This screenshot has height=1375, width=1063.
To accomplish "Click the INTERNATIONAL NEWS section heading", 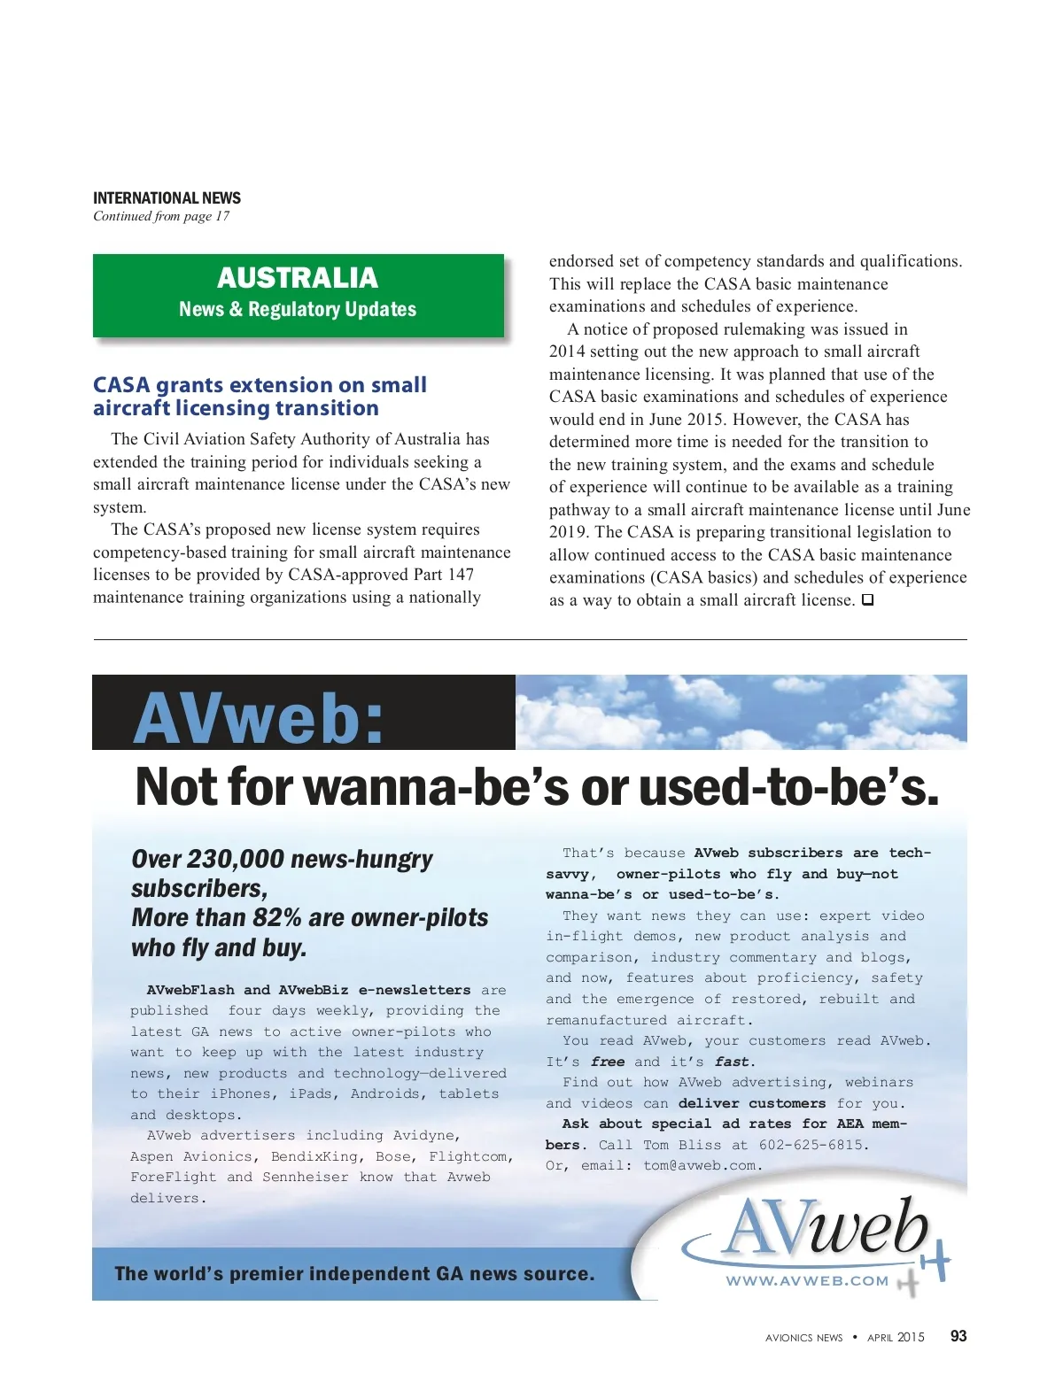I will tap(167, 197).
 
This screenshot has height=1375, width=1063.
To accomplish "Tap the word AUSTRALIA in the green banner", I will tap(298, 278).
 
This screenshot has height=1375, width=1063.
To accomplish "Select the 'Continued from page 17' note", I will tap(161, 216).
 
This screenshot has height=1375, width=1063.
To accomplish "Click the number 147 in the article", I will tap(461, 575).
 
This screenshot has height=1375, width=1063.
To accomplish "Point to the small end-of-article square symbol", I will tap(868, 599).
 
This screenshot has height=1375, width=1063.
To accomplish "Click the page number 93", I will tap(958, 1336).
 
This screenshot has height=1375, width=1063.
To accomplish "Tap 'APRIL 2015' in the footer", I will tap(896, 1337).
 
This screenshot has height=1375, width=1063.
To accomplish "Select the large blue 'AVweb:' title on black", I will tap(260, 718).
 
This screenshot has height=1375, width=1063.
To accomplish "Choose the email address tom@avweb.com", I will tap(701, 1165).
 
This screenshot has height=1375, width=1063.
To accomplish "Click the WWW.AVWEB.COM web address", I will tap(807, 1280).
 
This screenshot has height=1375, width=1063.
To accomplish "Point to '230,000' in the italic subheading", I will tap(236, 859).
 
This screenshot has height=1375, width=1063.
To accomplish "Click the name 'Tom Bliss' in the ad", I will tap(682, 1145).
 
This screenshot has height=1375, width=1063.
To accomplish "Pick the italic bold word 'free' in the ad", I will tap(608, 1062).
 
